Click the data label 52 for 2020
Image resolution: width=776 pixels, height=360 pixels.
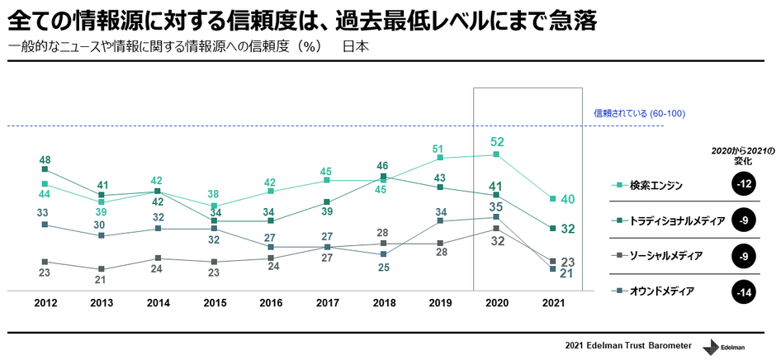[x=496, y=142]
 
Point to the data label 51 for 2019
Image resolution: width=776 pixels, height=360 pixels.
[x=440, y=149]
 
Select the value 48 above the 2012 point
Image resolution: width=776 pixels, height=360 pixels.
[x=45, y=160]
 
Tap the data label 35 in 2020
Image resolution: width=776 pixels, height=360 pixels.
[x=496, y=206]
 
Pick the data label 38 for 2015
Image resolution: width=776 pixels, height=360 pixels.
[x=215, y=195]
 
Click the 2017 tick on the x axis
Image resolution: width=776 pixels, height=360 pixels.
[x=327, y=303]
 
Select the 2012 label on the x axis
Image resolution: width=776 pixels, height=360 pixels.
[x=45, y=303]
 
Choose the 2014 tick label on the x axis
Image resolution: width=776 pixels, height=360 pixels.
[x=159, y=303]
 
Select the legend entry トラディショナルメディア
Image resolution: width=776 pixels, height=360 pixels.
[x=677, y=220]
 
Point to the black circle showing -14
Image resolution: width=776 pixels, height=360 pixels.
[x=745, y=291]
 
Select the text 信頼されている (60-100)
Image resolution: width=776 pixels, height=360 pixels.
[x=639, y=113]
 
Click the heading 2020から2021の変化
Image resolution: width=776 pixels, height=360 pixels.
[x=743, y=156]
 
